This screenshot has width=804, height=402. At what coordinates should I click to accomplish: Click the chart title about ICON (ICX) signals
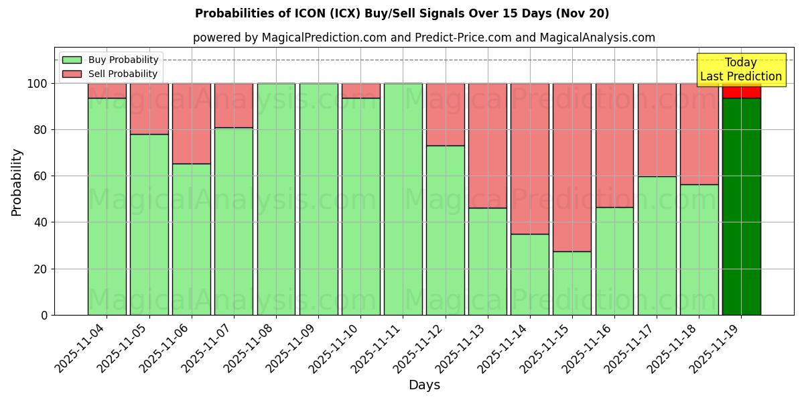402,13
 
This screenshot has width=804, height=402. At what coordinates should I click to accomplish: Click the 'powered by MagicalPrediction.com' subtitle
423,38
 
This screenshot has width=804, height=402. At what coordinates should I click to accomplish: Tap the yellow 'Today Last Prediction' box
741,70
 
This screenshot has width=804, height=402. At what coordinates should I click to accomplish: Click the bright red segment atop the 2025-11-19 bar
741,91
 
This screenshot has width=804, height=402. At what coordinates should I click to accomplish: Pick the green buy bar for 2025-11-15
572,283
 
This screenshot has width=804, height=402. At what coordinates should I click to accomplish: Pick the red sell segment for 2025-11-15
572,167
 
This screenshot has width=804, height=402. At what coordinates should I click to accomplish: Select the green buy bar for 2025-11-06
192,239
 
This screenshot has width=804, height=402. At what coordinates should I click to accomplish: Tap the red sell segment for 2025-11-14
530,159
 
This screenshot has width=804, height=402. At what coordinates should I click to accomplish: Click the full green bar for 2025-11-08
276,199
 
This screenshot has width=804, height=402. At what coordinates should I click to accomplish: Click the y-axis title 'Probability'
17,182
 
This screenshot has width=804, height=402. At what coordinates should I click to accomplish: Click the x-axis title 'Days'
424,385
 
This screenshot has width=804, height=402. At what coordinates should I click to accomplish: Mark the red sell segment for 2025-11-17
657,130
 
